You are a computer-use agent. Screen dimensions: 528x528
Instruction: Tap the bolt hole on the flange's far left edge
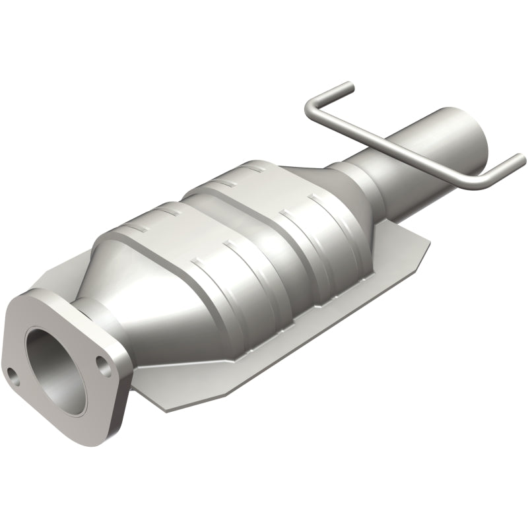point(13,376)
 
